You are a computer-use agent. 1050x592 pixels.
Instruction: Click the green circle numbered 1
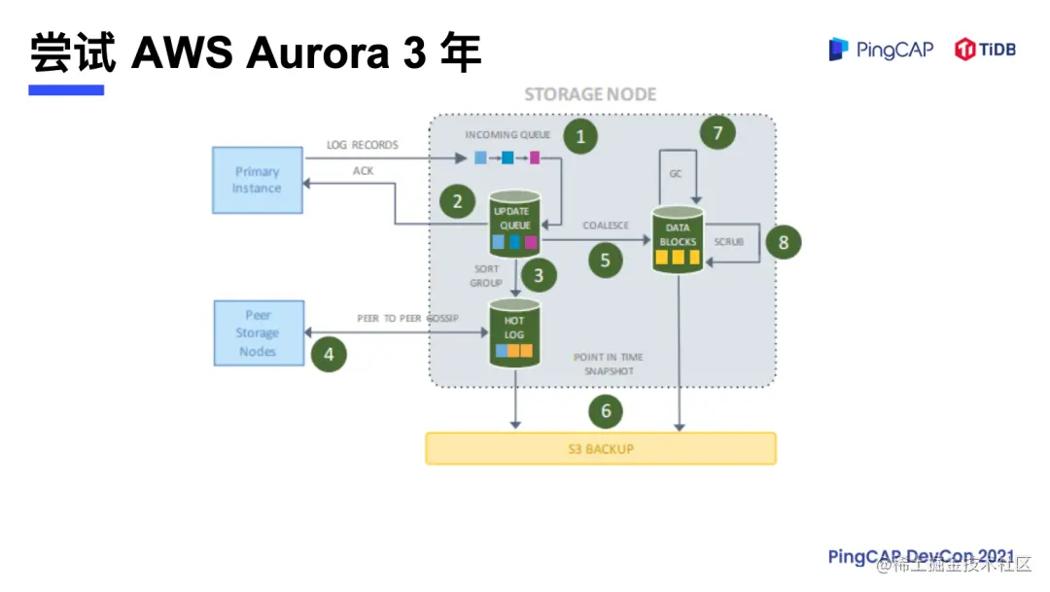[x=580, y=136]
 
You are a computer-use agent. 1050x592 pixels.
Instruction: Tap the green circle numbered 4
[x=329, y=355]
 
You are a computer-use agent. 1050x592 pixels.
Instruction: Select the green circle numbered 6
[x=606, y=411]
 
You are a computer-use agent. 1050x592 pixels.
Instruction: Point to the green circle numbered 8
[x=784, y=242]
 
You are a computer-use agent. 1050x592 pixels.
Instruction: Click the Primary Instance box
[x=257, y=180]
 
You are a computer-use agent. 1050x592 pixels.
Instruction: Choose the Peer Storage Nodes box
[x=257, y=333]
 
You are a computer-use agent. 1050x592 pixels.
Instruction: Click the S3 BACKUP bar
[x=601, y=448]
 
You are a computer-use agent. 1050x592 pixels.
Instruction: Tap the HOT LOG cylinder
[x=513, y=335]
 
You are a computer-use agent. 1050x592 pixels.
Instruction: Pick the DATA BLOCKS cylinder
[x=678, y=240]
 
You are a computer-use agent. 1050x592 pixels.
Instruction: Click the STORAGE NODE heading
[x=590, y=94]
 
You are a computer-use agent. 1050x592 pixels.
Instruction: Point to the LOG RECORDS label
[x=363, y=145]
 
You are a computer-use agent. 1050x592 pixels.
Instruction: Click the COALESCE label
[x=606, y=226]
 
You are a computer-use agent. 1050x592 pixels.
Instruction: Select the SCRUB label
[x=729, y=241]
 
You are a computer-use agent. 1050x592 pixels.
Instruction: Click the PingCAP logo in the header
[x=880, y=50]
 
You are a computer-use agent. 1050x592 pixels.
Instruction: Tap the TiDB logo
[x=985, y=50]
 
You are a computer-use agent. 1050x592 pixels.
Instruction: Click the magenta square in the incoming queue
[x=534, y=157]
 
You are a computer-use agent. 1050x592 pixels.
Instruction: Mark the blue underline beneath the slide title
[x=66, y=90]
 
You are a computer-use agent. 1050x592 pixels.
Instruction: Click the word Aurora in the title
[x=316, y=53]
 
